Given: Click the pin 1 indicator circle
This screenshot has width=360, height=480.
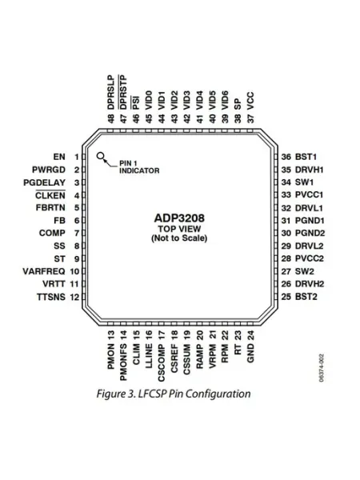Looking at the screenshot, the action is [x=101, y=156].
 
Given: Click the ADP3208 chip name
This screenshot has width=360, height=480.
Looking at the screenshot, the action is [x=179, y=218].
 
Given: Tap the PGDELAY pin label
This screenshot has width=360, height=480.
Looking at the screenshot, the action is [x=44, y=182].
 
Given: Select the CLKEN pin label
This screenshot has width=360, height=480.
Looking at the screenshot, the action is [x=50, y=195].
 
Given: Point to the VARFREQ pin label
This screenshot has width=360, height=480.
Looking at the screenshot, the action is [x=44, y=271].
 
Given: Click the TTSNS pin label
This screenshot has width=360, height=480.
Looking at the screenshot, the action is [x=51, y=297].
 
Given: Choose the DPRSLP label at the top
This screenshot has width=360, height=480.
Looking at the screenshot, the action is [x=111, y=92].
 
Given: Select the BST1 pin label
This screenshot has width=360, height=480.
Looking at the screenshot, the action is [x=306, y=157].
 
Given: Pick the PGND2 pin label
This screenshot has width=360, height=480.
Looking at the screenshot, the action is [x=310, y=234].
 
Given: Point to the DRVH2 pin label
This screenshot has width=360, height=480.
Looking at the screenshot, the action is [x=310, y=284].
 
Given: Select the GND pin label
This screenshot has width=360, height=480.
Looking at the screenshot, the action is [x=250, y=353].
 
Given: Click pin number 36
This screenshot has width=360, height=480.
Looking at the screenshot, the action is [x=286, y=157].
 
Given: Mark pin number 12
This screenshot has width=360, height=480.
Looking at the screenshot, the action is [x=74, y=297].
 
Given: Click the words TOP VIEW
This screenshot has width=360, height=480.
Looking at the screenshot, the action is [x=179, y=229].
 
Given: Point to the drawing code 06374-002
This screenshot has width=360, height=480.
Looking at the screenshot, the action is [x=321, y=368].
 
